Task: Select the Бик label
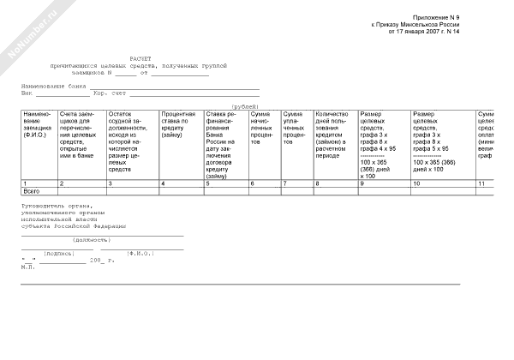pyautogui.click(x=27, y=93)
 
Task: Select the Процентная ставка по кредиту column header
pyautogui.click(x=178, y=121)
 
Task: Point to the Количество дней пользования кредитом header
pyautogui.click(x=333, y=128)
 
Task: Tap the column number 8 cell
pyautogui.click(x=317, y=184)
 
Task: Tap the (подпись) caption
pyautogui.click(x=59, y=253)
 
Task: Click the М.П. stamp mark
pyautogui.click(x=27, y=267)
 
